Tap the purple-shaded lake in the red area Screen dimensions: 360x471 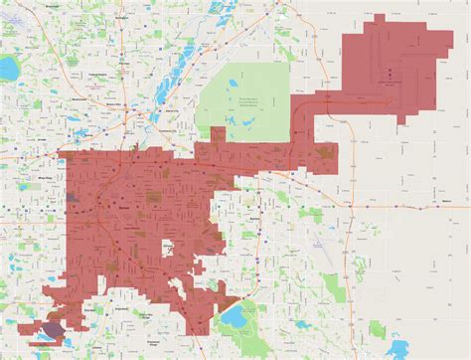coord(52,330)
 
